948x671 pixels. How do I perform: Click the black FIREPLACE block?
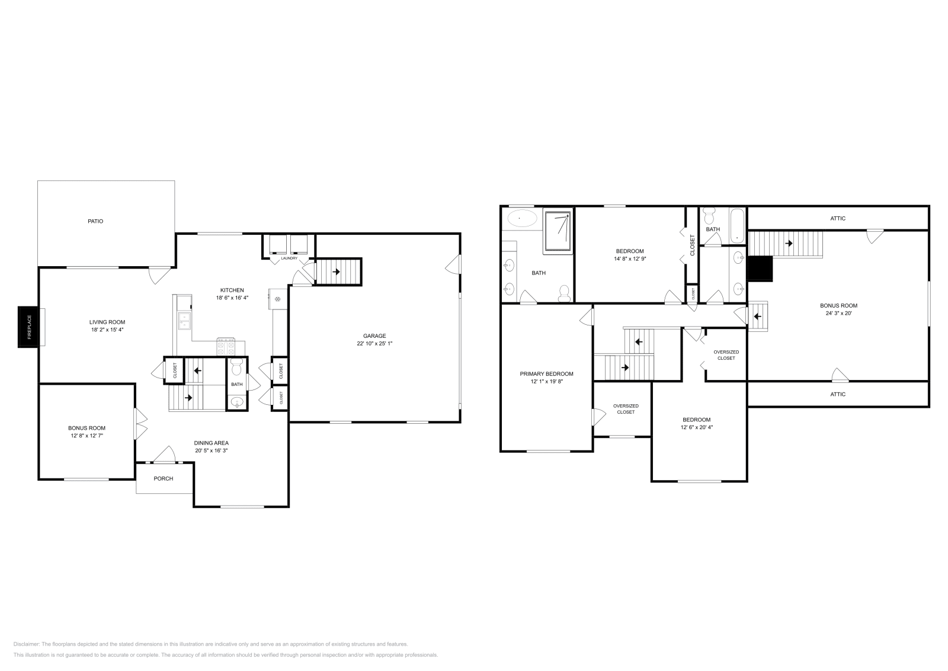point(28,327)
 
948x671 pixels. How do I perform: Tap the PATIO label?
point(95,221)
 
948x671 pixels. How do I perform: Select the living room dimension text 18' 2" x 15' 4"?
point(107,330)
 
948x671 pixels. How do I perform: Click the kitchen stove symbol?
point(226,346)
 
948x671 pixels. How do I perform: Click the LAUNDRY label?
point(289,258)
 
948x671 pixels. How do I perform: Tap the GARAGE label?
point(374,335)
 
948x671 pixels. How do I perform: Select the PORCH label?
point(164,478)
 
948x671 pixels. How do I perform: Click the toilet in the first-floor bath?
point(236,368)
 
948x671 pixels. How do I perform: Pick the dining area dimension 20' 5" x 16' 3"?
point(212,450)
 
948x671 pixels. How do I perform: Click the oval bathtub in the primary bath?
point(522,219)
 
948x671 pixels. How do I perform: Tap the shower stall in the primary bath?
point(558,231)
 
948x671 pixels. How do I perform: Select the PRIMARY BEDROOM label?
point(546,373)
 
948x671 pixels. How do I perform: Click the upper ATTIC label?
point(838,218)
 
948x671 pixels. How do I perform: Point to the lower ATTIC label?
point(838,394)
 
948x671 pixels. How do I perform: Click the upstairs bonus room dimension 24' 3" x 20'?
point(838,314)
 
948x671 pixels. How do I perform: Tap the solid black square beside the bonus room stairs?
point(761,269)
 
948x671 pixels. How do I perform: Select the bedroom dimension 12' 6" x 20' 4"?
point(696,427)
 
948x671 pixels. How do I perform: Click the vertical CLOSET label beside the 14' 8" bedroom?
point(692,245)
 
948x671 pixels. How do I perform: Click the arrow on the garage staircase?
point(336,272)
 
